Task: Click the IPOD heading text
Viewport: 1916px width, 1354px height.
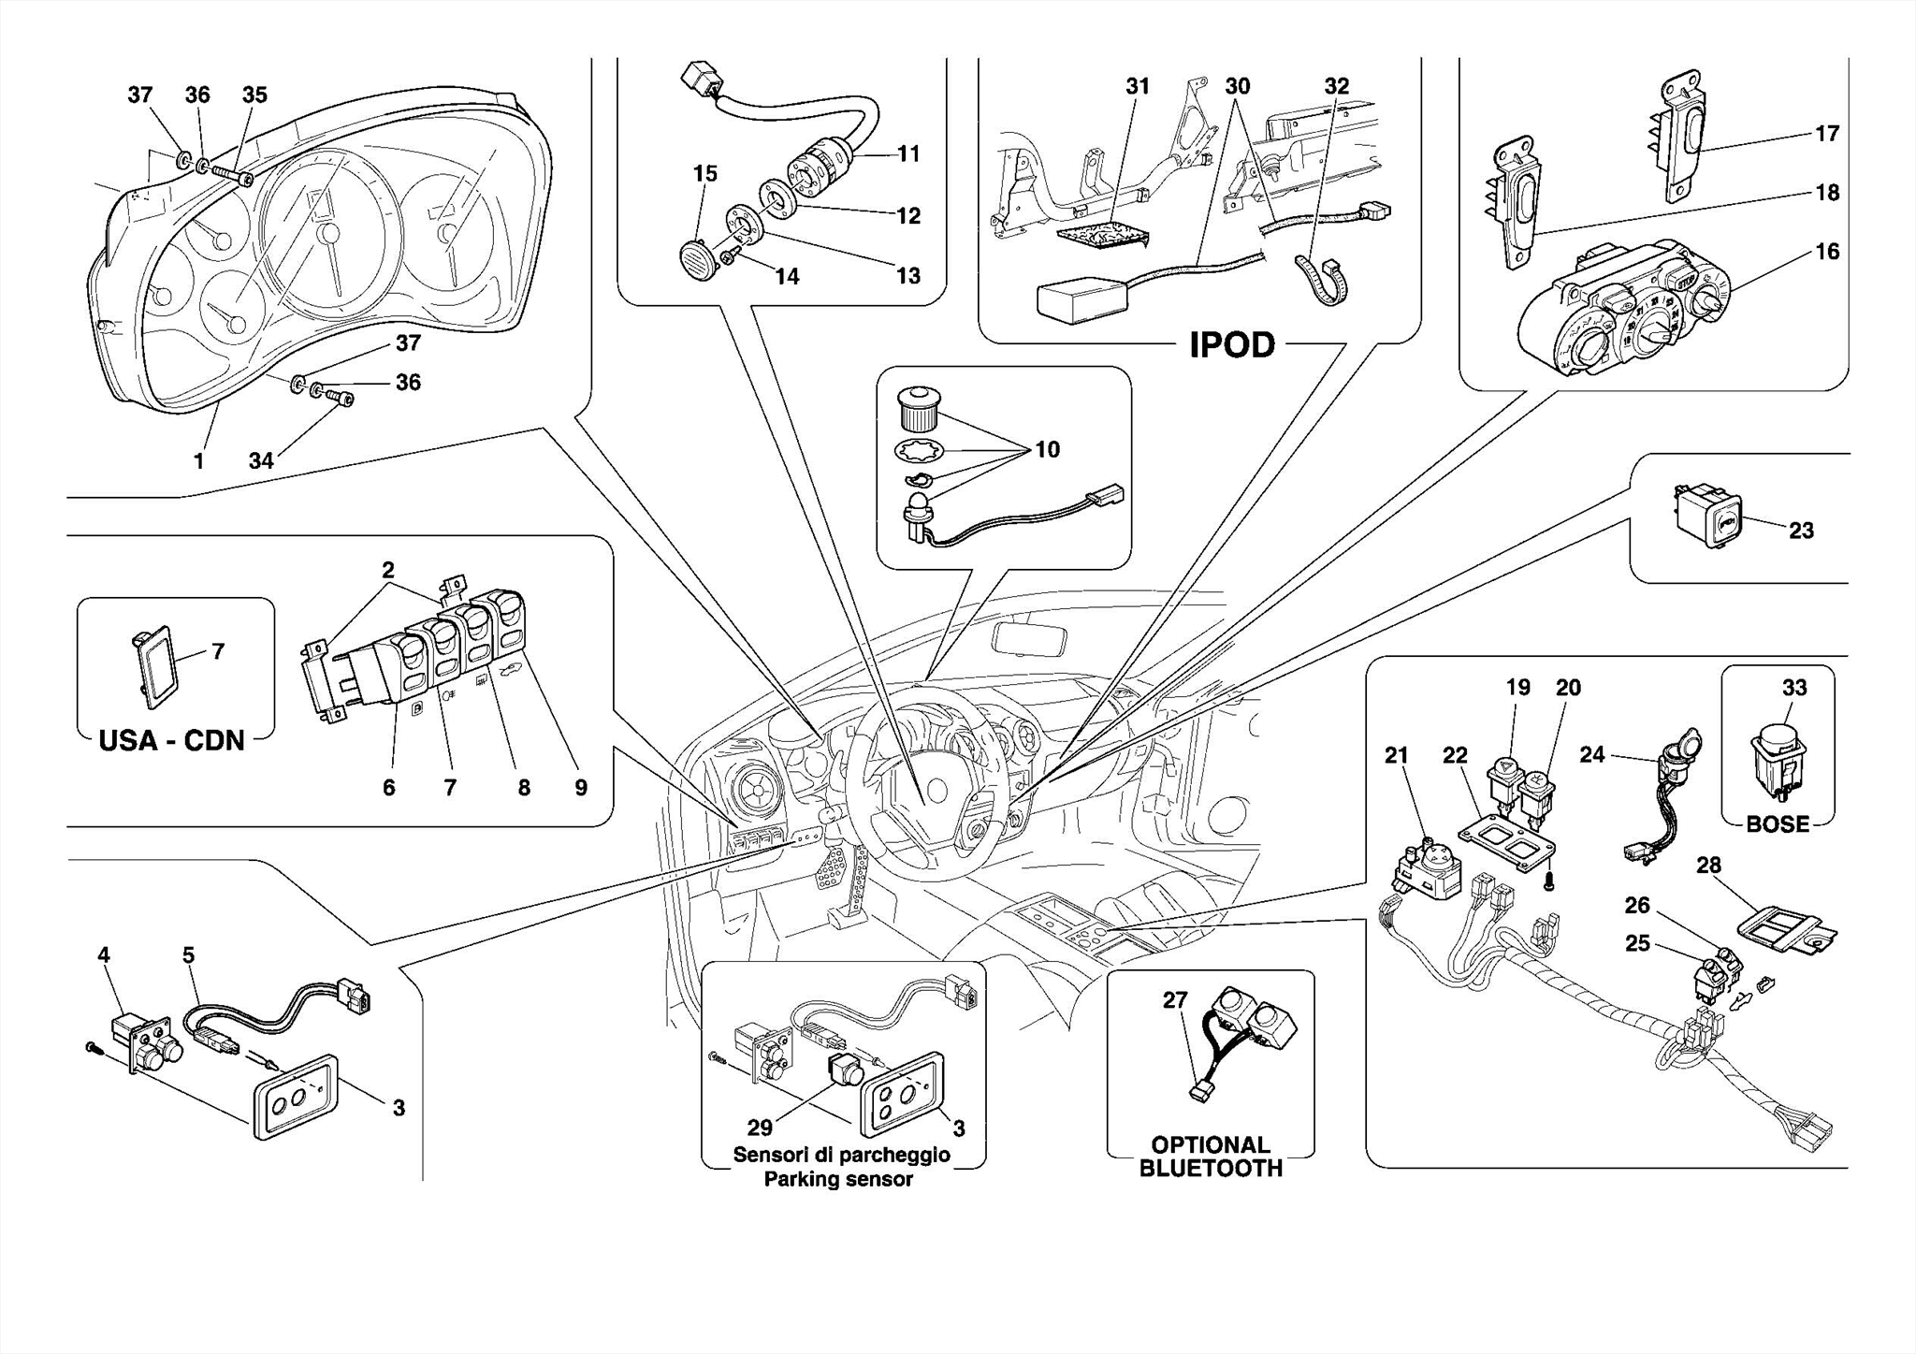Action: [x=1231, y=345]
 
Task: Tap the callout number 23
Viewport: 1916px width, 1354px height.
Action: [x=1800, y=531]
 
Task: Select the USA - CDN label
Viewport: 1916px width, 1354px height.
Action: [x=171, y=740]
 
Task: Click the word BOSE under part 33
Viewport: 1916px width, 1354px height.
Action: [x=1777, y=823]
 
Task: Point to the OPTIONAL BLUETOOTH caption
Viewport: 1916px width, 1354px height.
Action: [x=1210, y=1157]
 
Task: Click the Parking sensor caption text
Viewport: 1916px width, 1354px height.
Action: [x=838, y=1179]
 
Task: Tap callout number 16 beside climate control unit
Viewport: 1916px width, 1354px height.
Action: [x=1826, y=251]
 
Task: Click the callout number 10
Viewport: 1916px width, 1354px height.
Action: [x=1046, y=449]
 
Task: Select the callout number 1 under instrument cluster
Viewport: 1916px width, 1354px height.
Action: [x=198, y=460]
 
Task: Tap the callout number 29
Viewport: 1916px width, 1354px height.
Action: [x=760, y=1127]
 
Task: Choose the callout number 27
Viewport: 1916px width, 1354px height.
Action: [x=1174, y=999]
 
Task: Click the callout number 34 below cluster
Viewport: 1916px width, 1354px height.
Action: [x=261, y=460]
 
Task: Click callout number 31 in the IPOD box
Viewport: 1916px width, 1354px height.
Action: [x=1137, y=86]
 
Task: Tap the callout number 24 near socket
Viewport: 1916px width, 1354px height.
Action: [x=1591, y=754]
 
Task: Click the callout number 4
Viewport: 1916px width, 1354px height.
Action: [x=104, y=954]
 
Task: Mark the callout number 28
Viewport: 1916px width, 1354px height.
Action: [x=1708, y=865]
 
